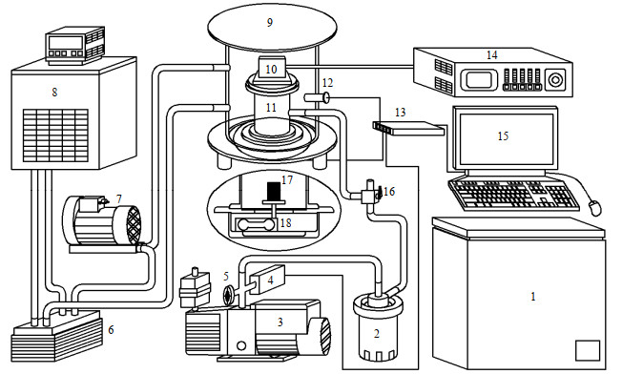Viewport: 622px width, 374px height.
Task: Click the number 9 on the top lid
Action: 270,23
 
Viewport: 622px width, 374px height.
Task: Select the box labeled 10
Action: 271,69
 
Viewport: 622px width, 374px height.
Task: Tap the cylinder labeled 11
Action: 271,109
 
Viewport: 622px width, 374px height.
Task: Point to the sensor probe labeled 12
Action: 316,97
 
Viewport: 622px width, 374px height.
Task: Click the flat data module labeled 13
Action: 408,128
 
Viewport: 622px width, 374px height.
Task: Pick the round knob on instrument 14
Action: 553,80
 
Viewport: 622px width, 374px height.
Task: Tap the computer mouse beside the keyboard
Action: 594,207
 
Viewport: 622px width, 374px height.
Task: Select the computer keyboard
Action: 514,195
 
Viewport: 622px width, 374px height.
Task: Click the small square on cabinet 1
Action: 588,350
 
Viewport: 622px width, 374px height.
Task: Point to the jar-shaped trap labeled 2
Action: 377,328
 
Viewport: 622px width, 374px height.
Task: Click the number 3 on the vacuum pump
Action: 280,322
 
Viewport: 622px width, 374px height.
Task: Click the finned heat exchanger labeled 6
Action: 57,336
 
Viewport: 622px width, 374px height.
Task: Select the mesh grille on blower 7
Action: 134,223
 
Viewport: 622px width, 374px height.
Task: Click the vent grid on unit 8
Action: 55,135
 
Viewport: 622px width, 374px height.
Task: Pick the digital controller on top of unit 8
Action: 75,46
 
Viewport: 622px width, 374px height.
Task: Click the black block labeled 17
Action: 274,191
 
